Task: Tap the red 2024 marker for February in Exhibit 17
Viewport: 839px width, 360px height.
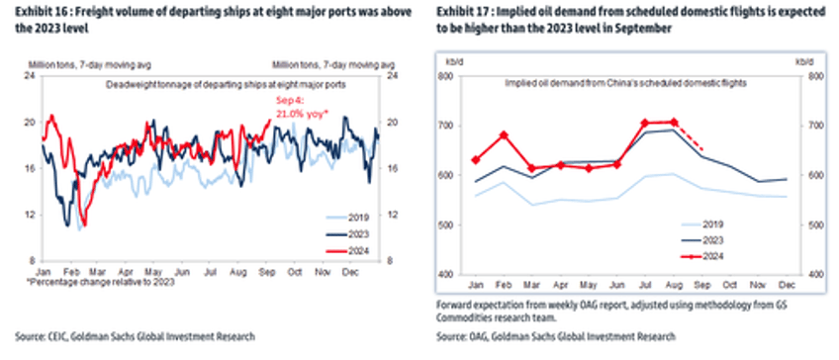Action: [505, 135]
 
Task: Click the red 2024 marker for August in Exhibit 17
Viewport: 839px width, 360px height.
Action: [675, 123]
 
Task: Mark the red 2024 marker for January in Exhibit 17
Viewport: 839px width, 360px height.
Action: [477, 159]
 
